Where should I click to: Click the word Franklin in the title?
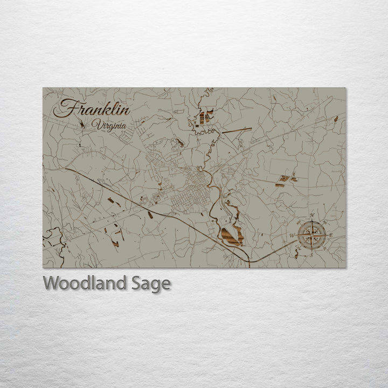coord(92,109)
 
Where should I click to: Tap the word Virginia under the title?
coord(109,126)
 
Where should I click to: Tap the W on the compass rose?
coord(292,236)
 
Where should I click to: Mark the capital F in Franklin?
coord(64,109)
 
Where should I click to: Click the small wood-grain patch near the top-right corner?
coord(336,119)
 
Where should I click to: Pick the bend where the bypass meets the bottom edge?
coord(250,261)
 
